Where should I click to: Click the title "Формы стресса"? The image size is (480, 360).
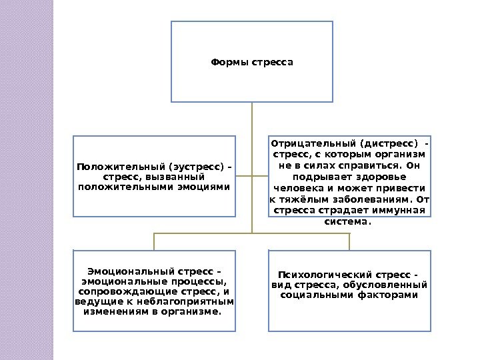click(252, 63)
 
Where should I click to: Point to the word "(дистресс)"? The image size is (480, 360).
click(389, 143)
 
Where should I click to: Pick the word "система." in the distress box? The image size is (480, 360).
click(350, 222)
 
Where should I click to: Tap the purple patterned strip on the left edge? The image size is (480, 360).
click(27, 180)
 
